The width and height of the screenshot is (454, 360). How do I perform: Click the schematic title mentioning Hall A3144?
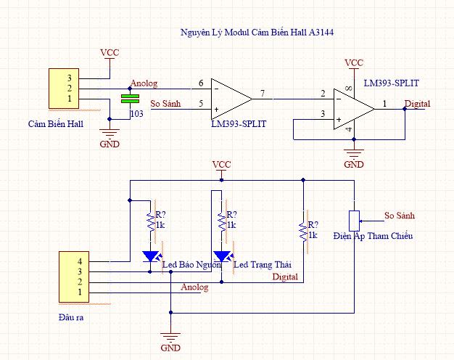tap(256, 33)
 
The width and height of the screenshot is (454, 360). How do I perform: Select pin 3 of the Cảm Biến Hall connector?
tap(70, 78)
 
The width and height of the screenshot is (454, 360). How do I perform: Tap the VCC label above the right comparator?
tap(353, 63)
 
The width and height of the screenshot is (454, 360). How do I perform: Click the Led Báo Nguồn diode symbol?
tap(151, 255)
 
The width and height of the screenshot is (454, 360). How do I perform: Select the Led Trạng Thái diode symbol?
tap(222, 255)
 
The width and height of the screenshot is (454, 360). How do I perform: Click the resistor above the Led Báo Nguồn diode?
tap(150, 221)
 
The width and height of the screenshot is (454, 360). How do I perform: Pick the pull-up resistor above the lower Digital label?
tap(303, 231)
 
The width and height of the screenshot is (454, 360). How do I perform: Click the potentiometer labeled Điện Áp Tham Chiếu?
tap(354, 221)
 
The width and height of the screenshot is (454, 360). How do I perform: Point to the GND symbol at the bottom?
tap(171, 338)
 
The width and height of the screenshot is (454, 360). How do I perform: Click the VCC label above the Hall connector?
tap(110, 53)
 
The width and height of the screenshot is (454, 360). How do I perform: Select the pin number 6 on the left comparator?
tap(200, 84)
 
